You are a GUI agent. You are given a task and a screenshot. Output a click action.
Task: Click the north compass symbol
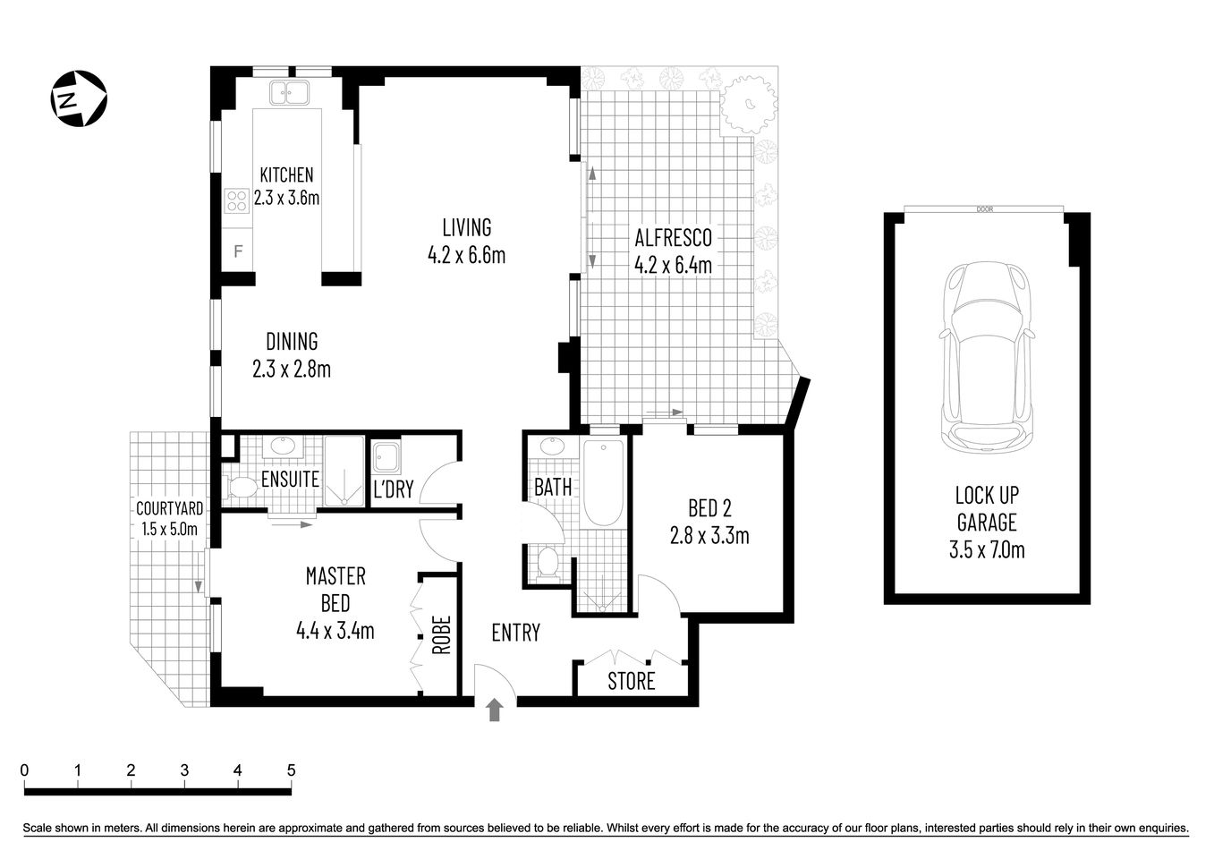[x=77, y=98]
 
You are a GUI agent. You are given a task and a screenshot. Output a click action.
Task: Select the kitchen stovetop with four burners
[x=236, y=201]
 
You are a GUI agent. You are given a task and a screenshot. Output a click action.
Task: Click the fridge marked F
[x=238, y=251]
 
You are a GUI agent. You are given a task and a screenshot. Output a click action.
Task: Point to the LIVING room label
[x=466, y=227]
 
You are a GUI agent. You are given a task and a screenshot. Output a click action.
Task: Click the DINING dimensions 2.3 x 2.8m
[x=292, y=369]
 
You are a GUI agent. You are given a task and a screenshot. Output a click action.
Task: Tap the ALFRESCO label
[x=673, y=238]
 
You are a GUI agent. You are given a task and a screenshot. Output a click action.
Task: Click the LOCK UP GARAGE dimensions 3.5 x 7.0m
[x=987, y=549]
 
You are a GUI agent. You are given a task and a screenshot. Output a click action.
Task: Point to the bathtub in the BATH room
[x=603, y=483]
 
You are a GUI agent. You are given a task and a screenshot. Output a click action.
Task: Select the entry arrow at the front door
[x=495, y=710]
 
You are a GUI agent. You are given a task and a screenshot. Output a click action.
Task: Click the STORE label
[x=632, y=682]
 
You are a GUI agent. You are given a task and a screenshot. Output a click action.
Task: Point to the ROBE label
[x=440, y=634]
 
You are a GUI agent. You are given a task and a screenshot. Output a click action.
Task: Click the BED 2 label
[x=709, y=508]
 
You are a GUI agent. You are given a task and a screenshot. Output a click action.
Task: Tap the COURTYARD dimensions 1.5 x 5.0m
[x=169, y=528]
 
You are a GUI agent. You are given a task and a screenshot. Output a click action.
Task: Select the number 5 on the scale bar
[x=290, y=770]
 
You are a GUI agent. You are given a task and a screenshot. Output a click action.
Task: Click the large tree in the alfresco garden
[x=748, y=103]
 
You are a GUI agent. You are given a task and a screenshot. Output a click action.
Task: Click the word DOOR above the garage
[x=985, y=209]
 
